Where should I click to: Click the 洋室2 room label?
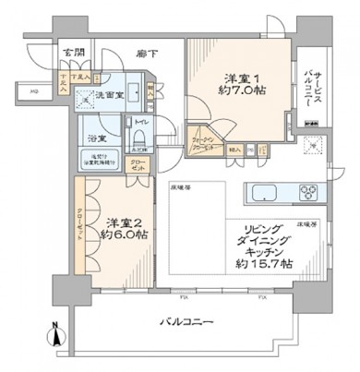click(122, 222)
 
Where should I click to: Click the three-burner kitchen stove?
click(308, 193)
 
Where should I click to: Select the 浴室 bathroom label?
click(95, 138)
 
